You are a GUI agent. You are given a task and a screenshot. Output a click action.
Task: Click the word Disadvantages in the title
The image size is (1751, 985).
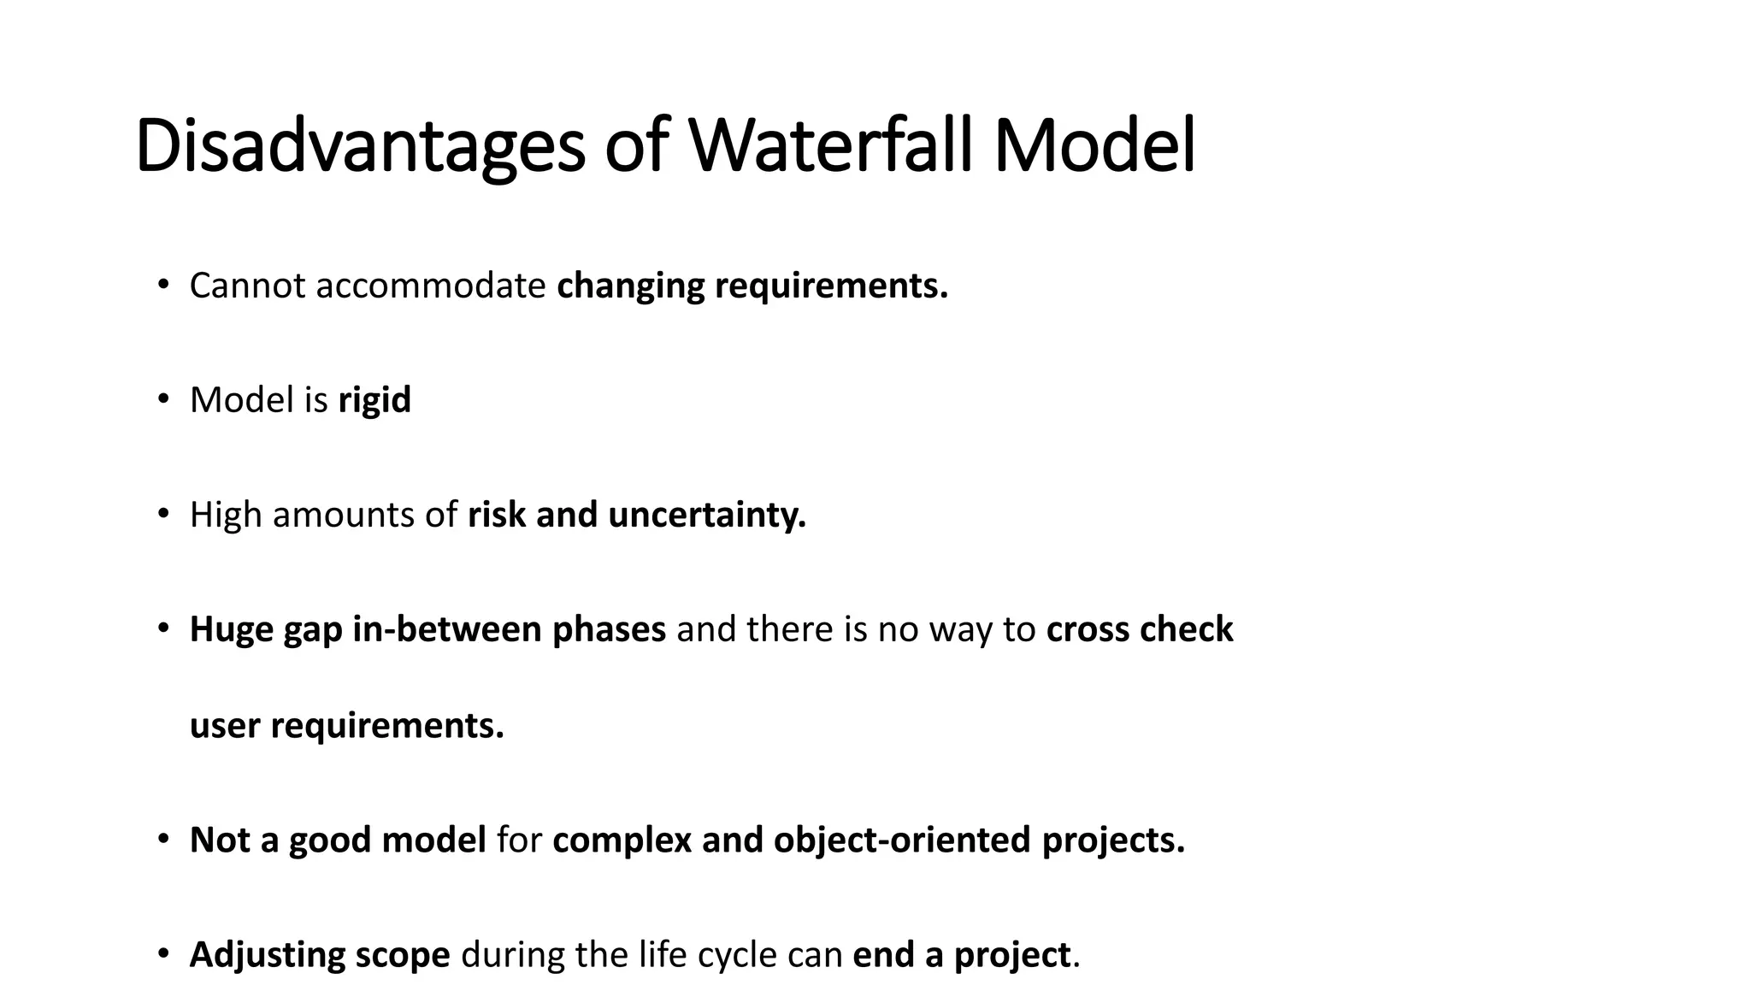(x=359, y=147)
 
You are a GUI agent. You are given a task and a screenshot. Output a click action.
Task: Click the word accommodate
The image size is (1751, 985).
(x=430, y=286)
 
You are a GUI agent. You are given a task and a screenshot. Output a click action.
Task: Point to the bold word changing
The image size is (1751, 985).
(x=630, y=286)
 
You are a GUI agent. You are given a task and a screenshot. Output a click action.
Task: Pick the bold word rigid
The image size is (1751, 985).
(x=374, y=400)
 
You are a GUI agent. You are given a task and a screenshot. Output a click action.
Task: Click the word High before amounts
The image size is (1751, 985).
(x=226, y=515)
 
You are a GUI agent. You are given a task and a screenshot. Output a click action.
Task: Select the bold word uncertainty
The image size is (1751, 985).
(x=707, y=515)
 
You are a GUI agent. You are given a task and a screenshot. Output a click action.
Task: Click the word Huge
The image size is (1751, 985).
(x=231, y=629)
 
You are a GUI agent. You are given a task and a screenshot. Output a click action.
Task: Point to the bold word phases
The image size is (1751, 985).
(x=609, y=629)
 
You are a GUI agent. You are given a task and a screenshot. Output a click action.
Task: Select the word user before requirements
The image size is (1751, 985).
(x=224, y=726)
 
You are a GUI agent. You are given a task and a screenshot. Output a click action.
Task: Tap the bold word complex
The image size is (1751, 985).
(x=622, y=840)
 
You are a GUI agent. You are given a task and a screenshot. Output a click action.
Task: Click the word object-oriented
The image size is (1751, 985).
(x=902, y=840)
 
